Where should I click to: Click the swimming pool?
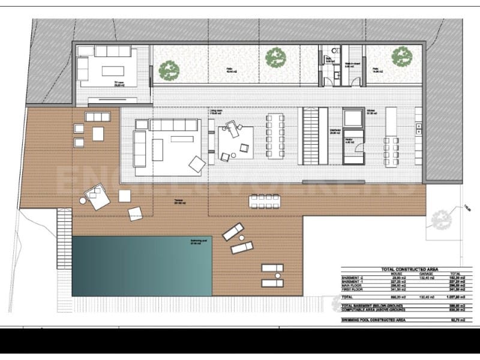142,265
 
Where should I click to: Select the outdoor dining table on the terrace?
265,201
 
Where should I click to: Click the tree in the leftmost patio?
169,70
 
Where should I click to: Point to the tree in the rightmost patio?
401,57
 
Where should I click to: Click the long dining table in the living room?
275,135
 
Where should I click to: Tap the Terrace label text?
178,201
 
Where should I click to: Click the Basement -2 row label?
353,278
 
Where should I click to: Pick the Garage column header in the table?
427,274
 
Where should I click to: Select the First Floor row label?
353,290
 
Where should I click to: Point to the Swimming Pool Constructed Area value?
458,320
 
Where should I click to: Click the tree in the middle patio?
275,57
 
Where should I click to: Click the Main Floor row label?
352,286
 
